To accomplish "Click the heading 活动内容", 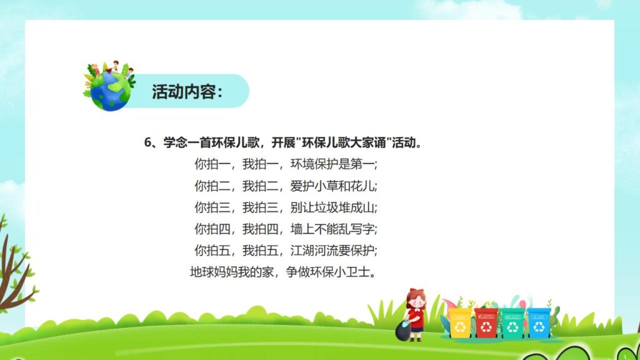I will pyautogui.click(x=187, y=92).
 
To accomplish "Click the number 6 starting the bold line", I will pyautogui.click(x=148, y=143).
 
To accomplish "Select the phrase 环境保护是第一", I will pyautogui.click(x=334, y=165).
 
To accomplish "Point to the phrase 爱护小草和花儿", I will pyautogui.click(x=334, y=186).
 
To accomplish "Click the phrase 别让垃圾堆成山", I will pyautogui.click(x=334, y=207).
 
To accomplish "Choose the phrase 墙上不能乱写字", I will pyautogui.click(x=334, y=229).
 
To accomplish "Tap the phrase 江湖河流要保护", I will pyautogui.click(x=334, y=251).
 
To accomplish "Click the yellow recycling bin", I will pyautogui.click(x=460, y=322).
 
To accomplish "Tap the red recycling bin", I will pyautogui.click(x=486, y=322).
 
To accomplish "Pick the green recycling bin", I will pyautogui.click(x=512, y=322).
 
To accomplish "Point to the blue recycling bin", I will pyautogui.click(x=539, y=322).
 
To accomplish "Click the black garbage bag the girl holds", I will pyautogui.click(x=402, y=331).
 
